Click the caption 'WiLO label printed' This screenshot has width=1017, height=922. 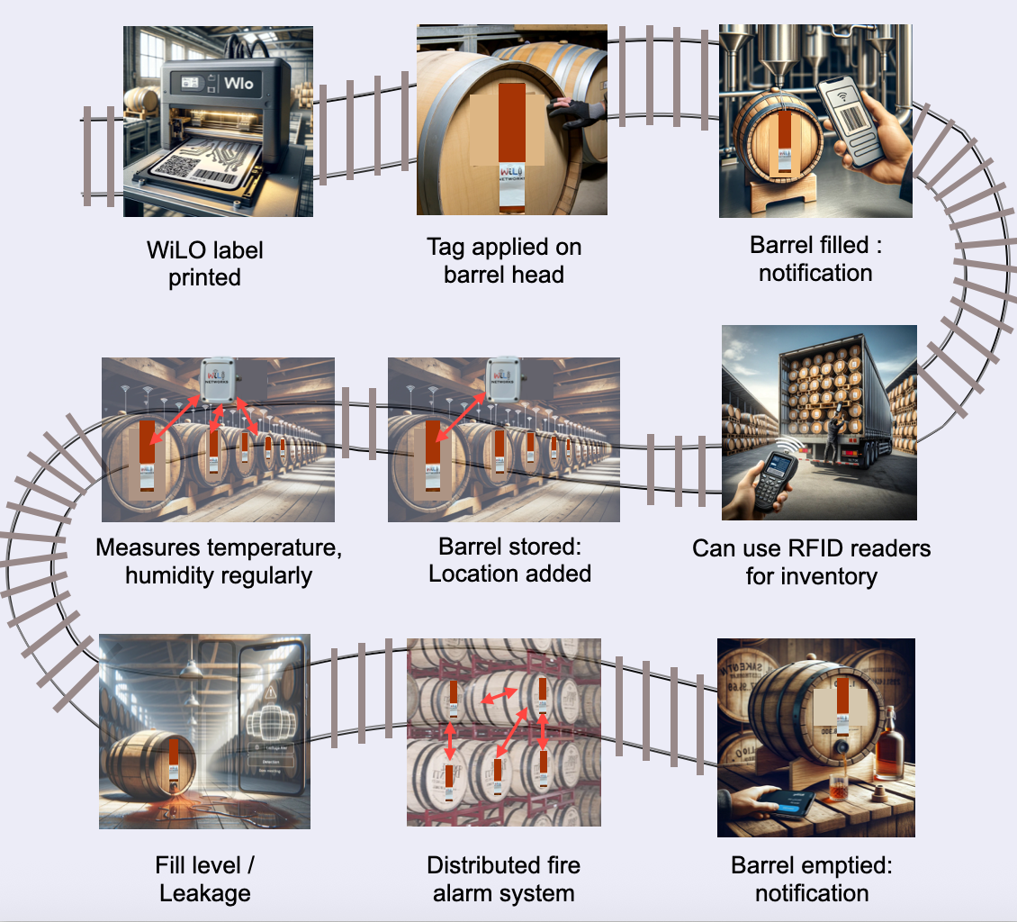tap(205, 262)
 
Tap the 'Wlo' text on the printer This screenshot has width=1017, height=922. tap(239, 85)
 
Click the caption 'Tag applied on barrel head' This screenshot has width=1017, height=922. tap(504, 260)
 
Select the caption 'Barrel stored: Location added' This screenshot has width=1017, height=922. tap(509, 560)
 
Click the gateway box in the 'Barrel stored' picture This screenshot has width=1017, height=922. tap(502, 379)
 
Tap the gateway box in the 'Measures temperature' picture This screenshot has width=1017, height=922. tap(220, 378)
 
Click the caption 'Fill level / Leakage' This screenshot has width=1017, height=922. tap(205, 879)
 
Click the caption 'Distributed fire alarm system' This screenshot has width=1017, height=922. tap(504, 879)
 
